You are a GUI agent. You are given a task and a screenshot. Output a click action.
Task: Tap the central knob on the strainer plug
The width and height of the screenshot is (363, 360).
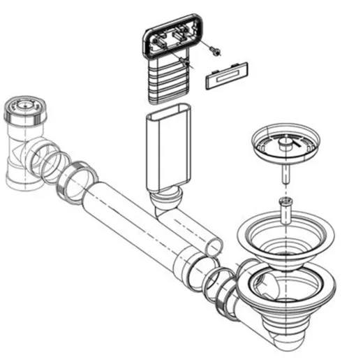pyautogui.click(x=285, y=141)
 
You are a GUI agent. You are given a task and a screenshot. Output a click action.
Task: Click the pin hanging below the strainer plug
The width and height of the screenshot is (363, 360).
pyautogui.click(x=286, y=172)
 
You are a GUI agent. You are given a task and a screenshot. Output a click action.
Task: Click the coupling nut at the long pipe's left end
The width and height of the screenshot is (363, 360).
pyautogui.click(x=79, y=183)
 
